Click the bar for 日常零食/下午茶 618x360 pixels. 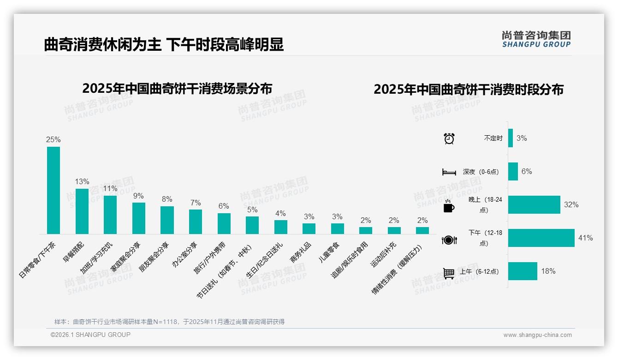pos(53,190)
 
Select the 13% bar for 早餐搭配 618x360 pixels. pos(82,211)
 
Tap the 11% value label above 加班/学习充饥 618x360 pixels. pos(110,189)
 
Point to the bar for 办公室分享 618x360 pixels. pos(196,222)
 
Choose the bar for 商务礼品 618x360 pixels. pos(309,228)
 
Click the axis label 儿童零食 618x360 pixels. pos(329,252)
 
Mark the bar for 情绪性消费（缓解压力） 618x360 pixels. pos(422,230)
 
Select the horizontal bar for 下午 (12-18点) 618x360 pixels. pos(541,238)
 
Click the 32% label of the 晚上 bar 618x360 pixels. pos(571,204)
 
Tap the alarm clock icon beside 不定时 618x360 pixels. pos(449,138)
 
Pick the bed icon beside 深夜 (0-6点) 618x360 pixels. pos(449,172)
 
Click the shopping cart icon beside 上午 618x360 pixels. pos(449,273)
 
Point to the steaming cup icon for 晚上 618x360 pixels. pos(449,206)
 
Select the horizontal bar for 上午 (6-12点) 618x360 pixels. pos(523,271)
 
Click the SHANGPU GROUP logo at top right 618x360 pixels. pos(536,39)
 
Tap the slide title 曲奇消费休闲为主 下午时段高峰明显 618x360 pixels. pos(164,45)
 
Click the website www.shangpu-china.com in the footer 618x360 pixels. pos(537,335)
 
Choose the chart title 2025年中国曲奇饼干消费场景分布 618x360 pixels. pos(177,89)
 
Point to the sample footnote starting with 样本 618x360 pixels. pos(169,322)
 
